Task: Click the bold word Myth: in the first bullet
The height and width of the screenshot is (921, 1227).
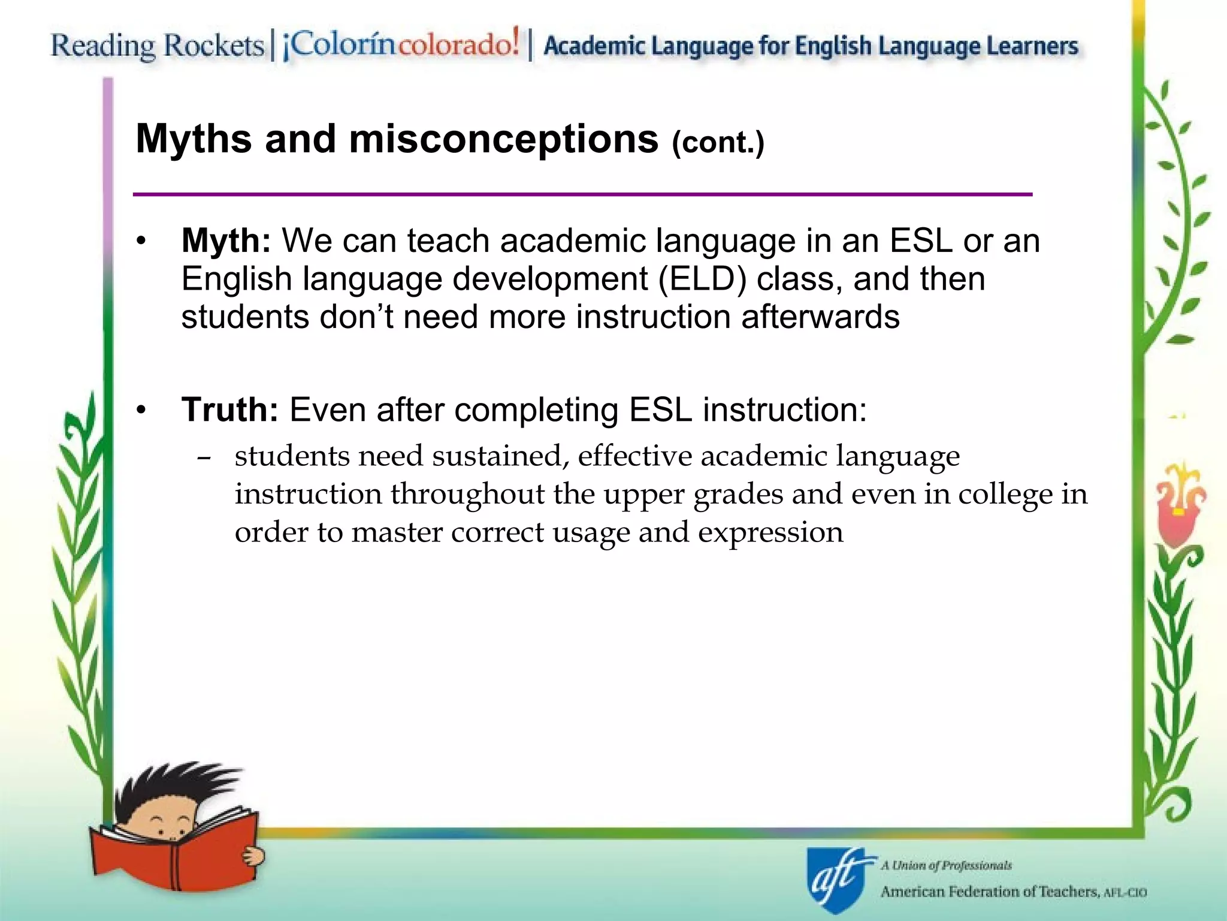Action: [x=226, y=241]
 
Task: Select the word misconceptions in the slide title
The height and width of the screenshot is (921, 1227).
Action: [x=504, y=139]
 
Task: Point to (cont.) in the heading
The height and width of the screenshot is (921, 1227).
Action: [x=718, y=143]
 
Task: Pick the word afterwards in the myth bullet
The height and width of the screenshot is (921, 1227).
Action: [x=820, y=317]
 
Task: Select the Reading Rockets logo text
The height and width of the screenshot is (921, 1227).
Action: [x=157, y=46]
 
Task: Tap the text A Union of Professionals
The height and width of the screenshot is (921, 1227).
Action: [x=946, y=865]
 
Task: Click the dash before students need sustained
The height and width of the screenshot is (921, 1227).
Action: [x=204, y=458]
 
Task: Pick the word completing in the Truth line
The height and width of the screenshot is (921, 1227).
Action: [x=536, y=410]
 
